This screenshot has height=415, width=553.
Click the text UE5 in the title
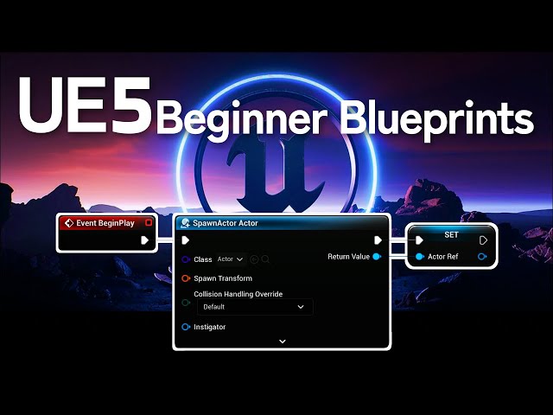(85, 105)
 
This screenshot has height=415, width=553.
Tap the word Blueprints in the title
(437, 118)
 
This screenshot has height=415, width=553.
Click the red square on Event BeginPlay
(149, 223)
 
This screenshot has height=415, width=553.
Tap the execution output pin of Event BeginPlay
(145, 240)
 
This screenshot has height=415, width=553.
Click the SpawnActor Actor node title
(226, 223)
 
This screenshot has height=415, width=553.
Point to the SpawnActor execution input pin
(185, 240)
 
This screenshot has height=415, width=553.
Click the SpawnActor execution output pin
(378, 240)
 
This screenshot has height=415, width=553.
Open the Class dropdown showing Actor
(231, 259)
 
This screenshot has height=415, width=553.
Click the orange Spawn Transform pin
(186, 278)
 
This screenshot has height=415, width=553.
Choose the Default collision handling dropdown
(254, 307)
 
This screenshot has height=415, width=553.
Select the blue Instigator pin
(186, 327)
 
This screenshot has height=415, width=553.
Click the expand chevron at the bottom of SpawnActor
(282, 342)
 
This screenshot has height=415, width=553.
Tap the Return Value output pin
(376, 257)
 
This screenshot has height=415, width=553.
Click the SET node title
(451, 234)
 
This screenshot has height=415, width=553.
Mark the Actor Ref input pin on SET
(419, 257)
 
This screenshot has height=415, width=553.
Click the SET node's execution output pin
(483, 240)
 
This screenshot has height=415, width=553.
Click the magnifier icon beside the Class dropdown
(265, 259)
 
